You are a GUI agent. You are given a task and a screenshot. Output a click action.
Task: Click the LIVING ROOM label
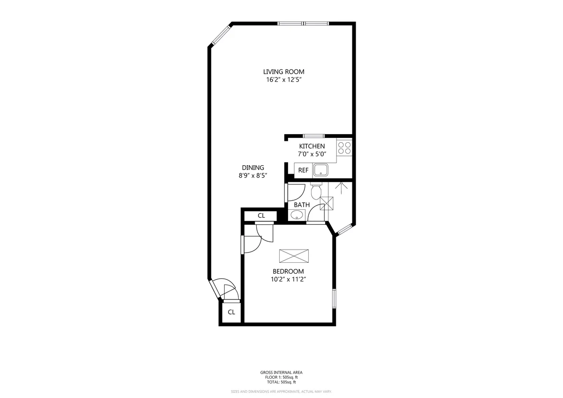pos(283,72)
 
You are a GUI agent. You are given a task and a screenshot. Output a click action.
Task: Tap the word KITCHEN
pos(312,146)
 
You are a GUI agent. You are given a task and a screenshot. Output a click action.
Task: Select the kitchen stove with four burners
pos(344,148)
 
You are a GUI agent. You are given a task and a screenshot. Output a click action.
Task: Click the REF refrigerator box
pos(303,170)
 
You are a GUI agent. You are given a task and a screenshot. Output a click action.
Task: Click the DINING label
pos(253,168)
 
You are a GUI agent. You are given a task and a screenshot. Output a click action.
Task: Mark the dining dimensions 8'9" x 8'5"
pos(253,176)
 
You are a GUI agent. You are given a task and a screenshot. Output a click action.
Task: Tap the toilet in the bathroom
pos(316,191)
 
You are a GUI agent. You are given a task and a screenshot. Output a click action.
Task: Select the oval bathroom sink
pos(297,215)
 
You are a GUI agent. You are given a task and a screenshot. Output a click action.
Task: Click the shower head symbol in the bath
pos(341,188)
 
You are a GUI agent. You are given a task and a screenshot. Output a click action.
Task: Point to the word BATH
pos(302,205)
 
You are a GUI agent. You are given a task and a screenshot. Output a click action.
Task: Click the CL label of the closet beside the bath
pos(261,216)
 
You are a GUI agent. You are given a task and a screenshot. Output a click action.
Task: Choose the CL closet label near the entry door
pos(231,312)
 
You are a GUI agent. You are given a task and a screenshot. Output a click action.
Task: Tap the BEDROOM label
pos(288,271)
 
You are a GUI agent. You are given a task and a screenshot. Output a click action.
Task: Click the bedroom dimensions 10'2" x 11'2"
pos(288,279)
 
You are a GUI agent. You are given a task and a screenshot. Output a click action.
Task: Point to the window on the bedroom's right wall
pos(335,298)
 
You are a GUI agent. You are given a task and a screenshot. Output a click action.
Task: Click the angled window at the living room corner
pos(220,36)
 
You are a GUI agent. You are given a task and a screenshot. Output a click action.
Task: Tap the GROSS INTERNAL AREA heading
pos(281,373)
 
